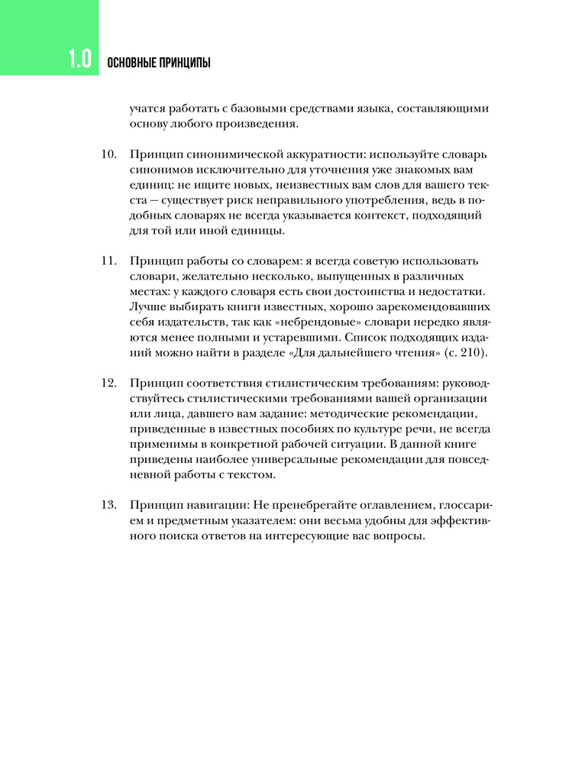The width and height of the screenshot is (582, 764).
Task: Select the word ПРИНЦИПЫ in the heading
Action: pyautogui.click(x=186, y=62)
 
